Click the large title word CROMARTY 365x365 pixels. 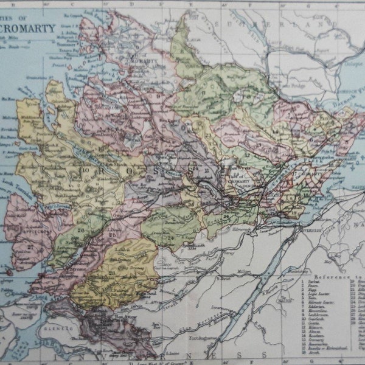(x=31, y=27)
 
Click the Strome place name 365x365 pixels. (x=63, y=268)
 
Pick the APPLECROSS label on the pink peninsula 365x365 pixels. (x=29, y=231)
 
